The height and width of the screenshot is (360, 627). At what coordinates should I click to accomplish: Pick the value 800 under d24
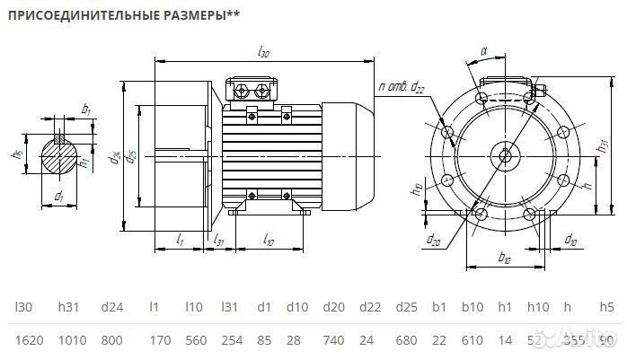(x=111, y=341)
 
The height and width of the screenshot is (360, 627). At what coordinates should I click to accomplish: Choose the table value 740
(x=331, y=341)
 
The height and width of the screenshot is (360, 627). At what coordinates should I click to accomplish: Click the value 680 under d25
(x=407, y=341)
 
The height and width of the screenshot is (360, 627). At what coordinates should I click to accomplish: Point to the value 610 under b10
(x=472, y=341)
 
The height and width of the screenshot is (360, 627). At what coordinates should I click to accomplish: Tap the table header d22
(x=369, y=308)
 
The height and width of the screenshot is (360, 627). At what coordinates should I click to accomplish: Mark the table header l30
(x=24, y=308)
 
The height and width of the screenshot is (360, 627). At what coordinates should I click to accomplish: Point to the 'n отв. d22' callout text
(x=401, y=86)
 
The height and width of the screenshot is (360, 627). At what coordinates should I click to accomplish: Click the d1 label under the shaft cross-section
(x=58, y=195)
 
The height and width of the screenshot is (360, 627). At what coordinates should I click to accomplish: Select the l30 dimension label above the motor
(x=263, y=53)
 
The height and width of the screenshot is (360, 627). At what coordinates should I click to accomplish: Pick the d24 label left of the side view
(x=115, y=159)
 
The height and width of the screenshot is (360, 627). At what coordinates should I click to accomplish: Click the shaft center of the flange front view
(x=504, y=155)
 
